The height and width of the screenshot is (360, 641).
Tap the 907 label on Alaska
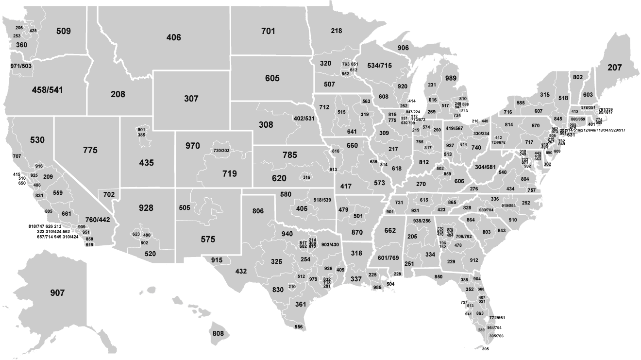pyautogui.click(x=57, y=293)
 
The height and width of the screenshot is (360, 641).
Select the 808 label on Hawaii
pyautogui.click(x=218, y=334)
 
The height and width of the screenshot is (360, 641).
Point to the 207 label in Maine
pyautogui.click(x=614, y=68)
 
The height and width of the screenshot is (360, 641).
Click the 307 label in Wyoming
pyautogui.click(x=191, y=99)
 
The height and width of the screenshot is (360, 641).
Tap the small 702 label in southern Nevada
pyautogui.click(x=109, y=194)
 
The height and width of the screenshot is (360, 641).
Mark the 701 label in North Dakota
pyautogui.click(x=268, y=31)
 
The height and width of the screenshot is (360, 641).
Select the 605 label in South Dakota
pyautogui.click(x=272, y=78)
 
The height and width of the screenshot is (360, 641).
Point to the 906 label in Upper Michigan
pyautogui.click(x=403, y=48)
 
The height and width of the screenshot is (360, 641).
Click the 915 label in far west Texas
pyautogui.click(x=217, y=260)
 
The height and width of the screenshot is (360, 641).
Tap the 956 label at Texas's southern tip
pyautogui.click(x=299, y=326)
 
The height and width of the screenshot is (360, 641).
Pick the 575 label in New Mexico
pyautogui.click(x=208, y=240)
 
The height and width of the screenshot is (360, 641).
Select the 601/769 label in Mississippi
pyautogui.click(x=388, y=257)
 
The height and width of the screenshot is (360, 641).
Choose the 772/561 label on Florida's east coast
pyautogui.click(x=497, y=317)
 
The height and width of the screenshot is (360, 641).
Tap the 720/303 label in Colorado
pyautogui.click(x=221, y=151)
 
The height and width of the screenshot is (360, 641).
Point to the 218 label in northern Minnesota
pyautogui.click(x=337, y=31)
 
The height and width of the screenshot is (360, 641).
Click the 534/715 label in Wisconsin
pyautogui.click(x=379, y=66)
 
